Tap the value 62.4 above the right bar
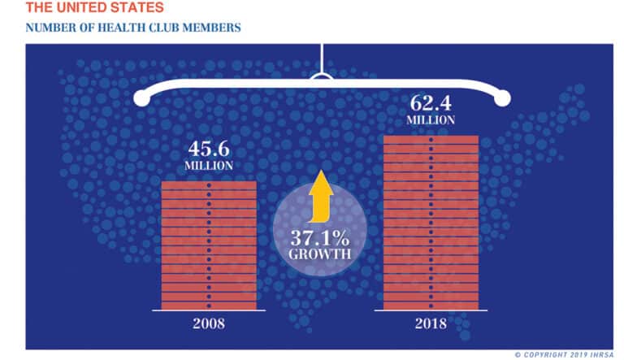pos(431,104)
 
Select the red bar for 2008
pos(210,245)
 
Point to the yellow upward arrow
pos(320,196)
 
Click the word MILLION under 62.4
pos(431,119)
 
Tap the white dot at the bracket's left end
pos(142,98)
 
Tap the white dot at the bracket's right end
pos(503,98)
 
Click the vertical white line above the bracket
pos(323,58)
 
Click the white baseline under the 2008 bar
pos(210,310)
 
